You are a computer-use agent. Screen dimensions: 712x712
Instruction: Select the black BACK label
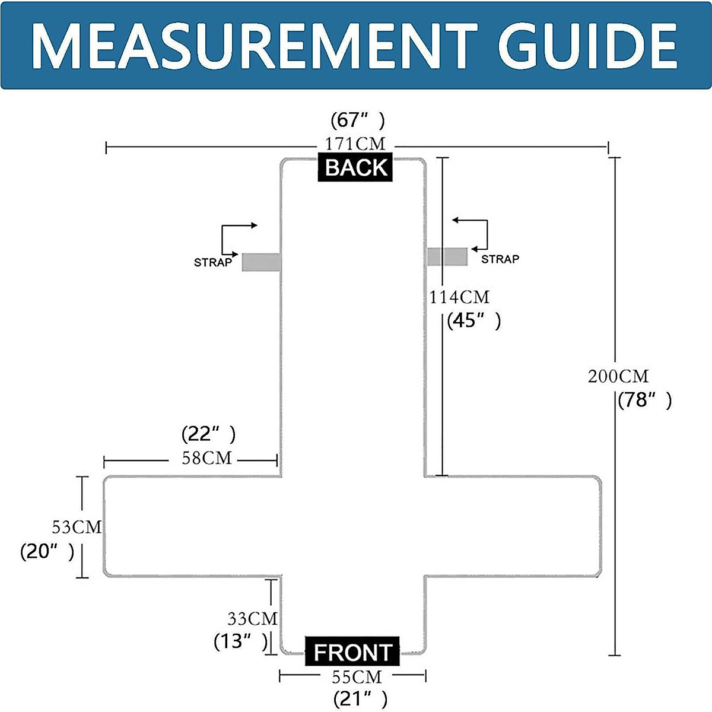355,167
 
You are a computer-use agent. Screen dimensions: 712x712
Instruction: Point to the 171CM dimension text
355,144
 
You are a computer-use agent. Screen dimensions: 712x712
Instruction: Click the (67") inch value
358,120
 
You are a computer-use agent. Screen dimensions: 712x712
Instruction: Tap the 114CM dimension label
459,297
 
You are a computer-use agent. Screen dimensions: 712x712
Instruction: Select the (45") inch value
474,320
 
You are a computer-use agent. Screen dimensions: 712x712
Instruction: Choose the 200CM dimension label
618,376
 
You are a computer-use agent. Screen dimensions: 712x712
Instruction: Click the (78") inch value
645,400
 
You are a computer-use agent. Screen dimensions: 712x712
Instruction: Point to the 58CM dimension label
206,458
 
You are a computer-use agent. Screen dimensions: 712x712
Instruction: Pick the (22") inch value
208,434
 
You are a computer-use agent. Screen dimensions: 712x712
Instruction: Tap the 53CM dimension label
77,527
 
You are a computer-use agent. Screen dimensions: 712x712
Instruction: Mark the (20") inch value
47,552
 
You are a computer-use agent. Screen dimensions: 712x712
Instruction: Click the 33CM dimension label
252,618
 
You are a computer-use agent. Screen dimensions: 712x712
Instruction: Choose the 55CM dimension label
357,677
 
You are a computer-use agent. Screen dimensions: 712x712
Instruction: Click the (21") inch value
360,699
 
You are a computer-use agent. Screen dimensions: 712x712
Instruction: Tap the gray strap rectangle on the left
261,262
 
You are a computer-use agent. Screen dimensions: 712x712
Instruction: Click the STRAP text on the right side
500,259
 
